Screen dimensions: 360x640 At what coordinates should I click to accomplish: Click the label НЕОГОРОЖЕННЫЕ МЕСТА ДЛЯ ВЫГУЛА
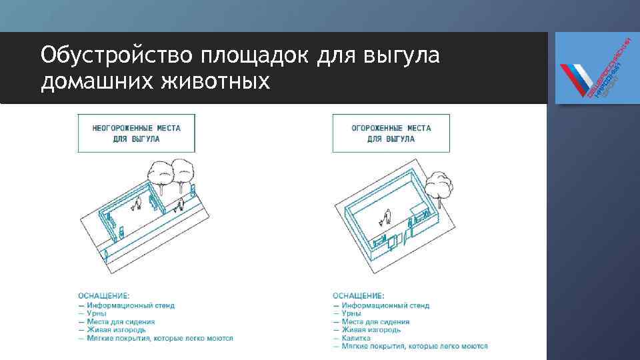(x=136, y=133)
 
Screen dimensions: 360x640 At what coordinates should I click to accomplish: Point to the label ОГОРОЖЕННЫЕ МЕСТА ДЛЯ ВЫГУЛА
(x=391, y=133)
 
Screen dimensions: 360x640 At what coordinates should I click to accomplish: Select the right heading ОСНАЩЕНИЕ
(x=358, y=295)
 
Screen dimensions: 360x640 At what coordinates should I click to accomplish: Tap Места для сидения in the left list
(x=120, y=321)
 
